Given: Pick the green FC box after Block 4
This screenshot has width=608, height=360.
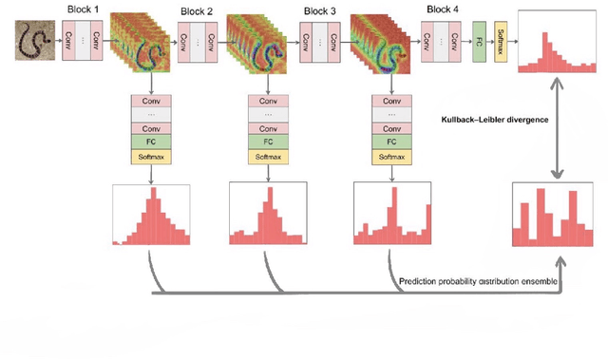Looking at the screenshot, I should coord(480,44).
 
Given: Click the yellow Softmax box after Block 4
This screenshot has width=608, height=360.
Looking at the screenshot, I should coord(501,44).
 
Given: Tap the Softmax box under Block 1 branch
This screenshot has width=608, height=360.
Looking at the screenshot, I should coord(152,156).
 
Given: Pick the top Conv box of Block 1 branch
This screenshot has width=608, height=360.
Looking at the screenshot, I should coord(152,101).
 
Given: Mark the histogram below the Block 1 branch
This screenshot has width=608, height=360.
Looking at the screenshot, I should coord(152,216).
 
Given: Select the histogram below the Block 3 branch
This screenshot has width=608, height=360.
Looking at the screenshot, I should coord(389,216).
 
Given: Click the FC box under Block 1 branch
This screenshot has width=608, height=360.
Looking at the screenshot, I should coord(152,142).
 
